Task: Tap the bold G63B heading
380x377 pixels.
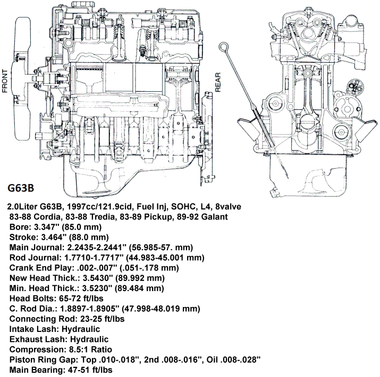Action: (21, 188)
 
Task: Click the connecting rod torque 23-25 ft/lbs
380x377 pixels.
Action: (101, 318)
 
